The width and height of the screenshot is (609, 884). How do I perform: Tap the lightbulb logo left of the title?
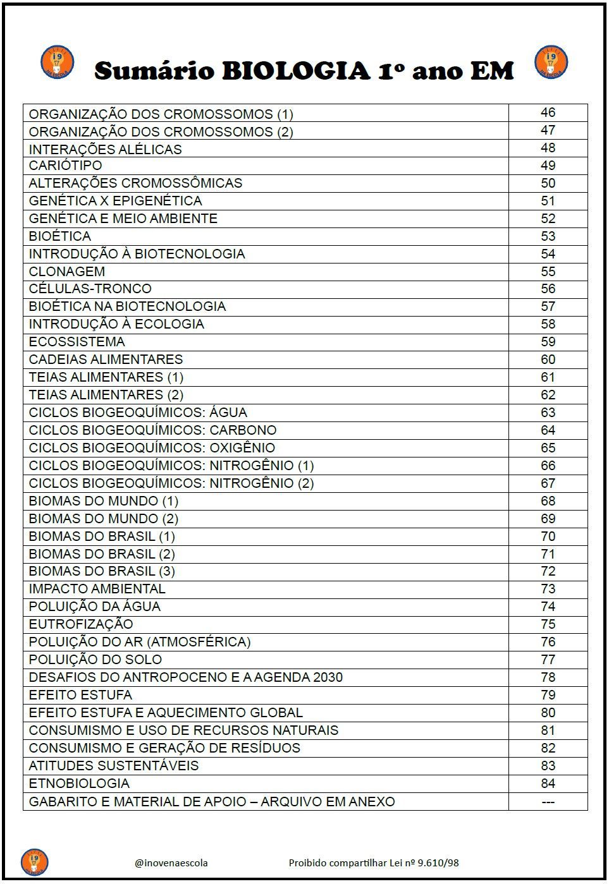[57, 62]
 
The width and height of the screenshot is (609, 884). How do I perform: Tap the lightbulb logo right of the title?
[551, 62]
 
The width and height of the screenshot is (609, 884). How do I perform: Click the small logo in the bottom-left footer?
[34, 862]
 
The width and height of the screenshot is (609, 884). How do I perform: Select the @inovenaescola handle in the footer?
[171, 863]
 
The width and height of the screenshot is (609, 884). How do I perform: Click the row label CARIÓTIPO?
[65, 166]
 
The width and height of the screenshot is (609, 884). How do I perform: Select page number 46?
[548, 112]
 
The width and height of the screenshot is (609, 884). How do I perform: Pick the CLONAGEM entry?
[67, 272]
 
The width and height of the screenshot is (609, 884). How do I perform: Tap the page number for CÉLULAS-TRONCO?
[548, 289]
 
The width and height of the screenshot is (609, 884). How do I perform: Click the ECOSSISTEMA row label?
[77, 342]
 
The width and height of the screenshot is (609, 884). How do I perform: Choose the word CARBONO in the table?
[243, 430]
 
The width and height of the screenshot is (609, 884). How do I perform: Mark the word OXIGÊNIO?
[242, 448]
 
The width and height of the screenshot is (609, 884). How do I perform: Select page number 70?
[548, 536]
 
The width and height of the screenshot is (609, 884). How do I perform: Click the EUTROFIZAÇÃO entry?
[81, 624]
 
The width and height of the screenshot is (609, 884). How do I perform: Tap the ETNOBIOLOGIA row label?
[79, 784]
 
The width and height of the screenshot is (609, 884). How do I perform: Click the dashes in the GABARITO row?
[548, 802]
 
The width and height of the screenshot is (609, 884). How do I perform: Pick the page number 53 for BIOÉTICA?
[548, 236]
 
